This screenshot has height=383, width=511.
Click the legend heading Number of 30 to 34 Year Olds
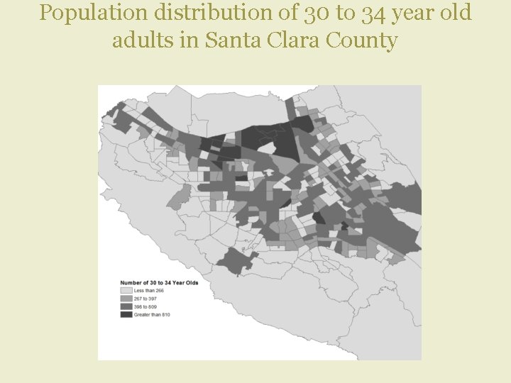[x=158, y=282]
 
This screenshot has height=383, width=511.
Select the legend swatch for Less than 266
[x=127, y=290]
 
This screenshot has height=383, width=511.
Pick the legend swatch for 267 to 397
[x=127, y=299]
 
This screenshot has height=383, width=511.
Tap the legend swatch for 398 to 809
[x=127, y=306]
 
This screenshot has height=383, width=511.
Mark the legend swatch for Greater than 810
[x=127, y=314]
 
